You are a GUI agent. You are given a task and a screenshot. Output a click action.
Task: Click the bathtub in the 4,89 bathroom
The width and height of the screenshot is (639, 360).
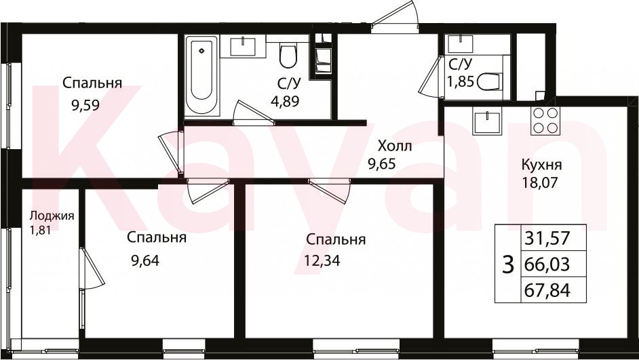pos(201,76)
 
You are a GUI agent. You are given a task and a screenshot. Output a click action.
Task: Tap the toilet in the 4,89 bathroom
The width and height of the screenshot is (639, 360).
pos(288,56)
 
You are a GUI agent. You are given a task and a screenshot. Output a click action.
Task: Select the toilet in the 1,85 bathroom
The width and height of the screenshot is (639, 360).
pos(488,82)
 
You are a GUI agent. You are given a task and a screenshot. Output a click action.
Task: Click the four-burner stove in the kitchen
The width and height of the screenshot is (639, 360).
pos(545,120)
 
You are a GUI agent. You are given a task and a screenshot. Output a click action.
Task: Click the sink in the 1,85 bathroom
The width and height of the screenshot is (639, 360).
pos(460,43)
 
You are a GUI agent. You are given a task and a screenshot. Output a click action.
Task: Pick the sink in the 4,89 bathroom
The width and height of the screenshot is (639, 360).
pos(244,46)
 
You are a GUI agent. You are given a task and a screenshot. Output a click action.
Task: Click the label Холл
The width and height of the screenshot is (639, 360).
pos(395,146)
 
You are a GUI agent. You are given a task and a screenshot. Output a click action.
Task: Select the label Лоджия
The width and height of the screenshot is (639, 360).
pos(52,216)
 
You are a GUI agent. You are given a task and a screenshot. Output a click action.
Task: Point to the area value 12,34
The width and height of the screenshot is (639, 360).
pos(322,260)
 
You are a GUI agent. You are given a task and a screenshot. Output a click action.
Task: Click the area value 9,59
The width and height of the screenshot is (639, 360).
pos(85,106)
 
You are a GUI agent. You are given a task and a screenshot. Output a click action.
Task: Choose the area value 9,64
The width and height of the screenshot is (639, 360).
pos(144,260)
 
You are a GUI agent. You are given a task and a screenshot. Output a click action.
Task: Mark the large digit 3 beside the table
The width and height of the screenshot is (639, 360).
pos(508,265)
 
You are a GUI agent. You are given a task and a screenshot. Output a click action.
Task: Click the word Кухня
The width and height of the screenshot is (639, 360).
pos(541,165)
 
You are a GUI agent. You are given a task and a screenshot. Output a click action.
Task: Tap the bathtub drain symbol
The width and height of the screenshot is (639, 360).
pos(201,51)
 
